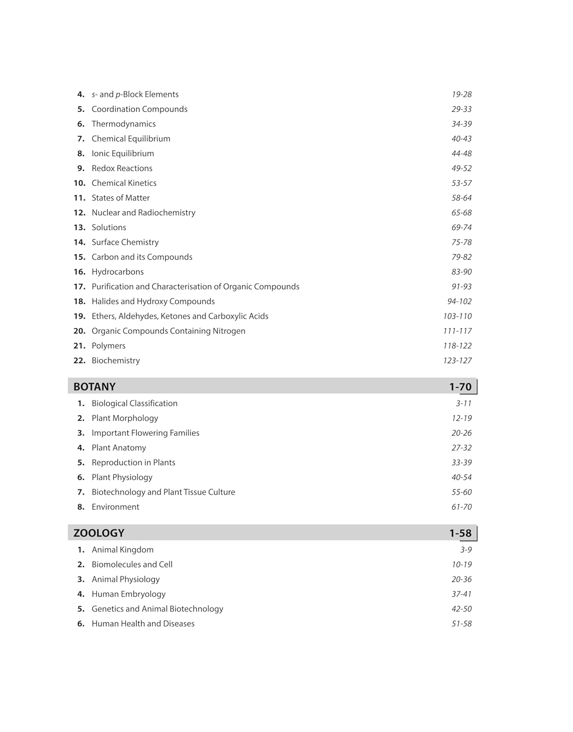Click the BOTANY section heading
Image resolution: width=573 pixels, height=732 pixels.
94,386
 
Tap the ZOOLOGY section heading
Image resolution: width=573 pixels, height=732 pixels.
99,533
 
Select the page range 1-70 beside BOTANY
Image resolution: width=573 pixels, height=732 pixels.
460,386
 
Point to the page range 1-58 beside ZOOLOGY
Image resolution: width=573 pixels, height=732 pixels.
460,533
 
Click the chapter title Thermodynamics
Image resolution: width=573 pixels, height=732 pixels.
123,124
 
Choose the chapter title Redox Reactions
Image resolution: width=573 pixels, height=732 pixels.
122,168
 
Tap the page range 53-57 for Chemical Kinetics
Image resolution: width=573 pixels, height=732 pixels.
461,183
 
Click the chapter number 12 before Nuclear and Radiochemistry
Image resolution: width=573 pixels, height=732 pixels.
79,213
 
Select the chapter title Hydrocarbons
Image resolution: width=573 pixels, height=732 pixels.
118,272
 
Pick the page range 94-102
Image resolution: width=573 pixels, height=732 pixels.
459,302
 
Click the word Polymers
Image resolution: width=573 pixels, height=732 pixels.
108,346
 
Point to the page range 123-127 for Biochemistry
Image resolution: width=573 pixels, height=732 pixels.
457,361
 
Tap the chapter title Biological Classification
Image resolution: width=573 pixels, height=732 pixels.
134,404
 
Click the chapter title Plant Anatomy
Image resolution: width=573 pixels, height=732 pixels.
119,448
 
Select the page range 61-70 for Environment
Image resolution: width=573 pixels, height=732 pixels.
461,507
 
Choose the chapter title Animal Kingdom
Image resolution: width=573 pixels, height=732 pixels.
123,550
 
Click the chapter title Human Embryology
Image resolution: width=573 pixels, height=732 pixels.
128,594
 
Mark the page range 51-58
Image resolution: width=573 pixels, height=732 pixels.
461,624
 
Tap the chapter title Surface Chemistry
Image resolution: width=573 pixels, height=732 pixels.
125,243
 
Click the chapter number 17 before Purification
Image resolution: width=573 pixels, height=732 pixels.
79,287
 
